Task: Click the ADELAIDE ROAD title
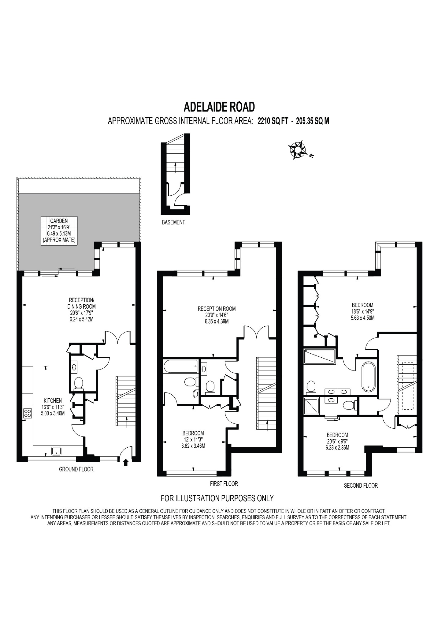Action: [219, 107]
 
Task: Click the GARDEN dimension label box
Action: [59, 230]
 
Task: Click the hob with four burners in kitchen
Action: [28, 413]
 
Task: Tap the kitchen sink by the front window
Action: [56, 451]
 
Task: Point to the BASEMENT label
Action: [173, 222]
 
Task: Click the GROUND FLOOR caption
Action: [76, 469]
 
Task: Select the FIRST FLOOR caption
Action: [224, 484]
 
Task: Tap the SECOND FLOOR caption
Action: [361, 485]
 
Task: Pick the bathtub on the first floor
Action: [180, 366]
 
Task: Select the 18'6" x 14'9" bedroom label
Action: [362, 311]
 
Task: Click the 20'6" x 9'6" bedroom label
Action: [337, 441]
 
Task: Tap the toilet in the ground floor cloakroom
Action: [79, 383]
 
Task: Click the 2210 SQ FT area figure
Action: [273, 121]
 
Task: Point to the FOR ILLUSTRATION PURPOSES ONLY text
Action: [217, 498]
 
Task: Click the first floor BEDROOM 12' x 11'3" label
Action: [193, 439]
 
